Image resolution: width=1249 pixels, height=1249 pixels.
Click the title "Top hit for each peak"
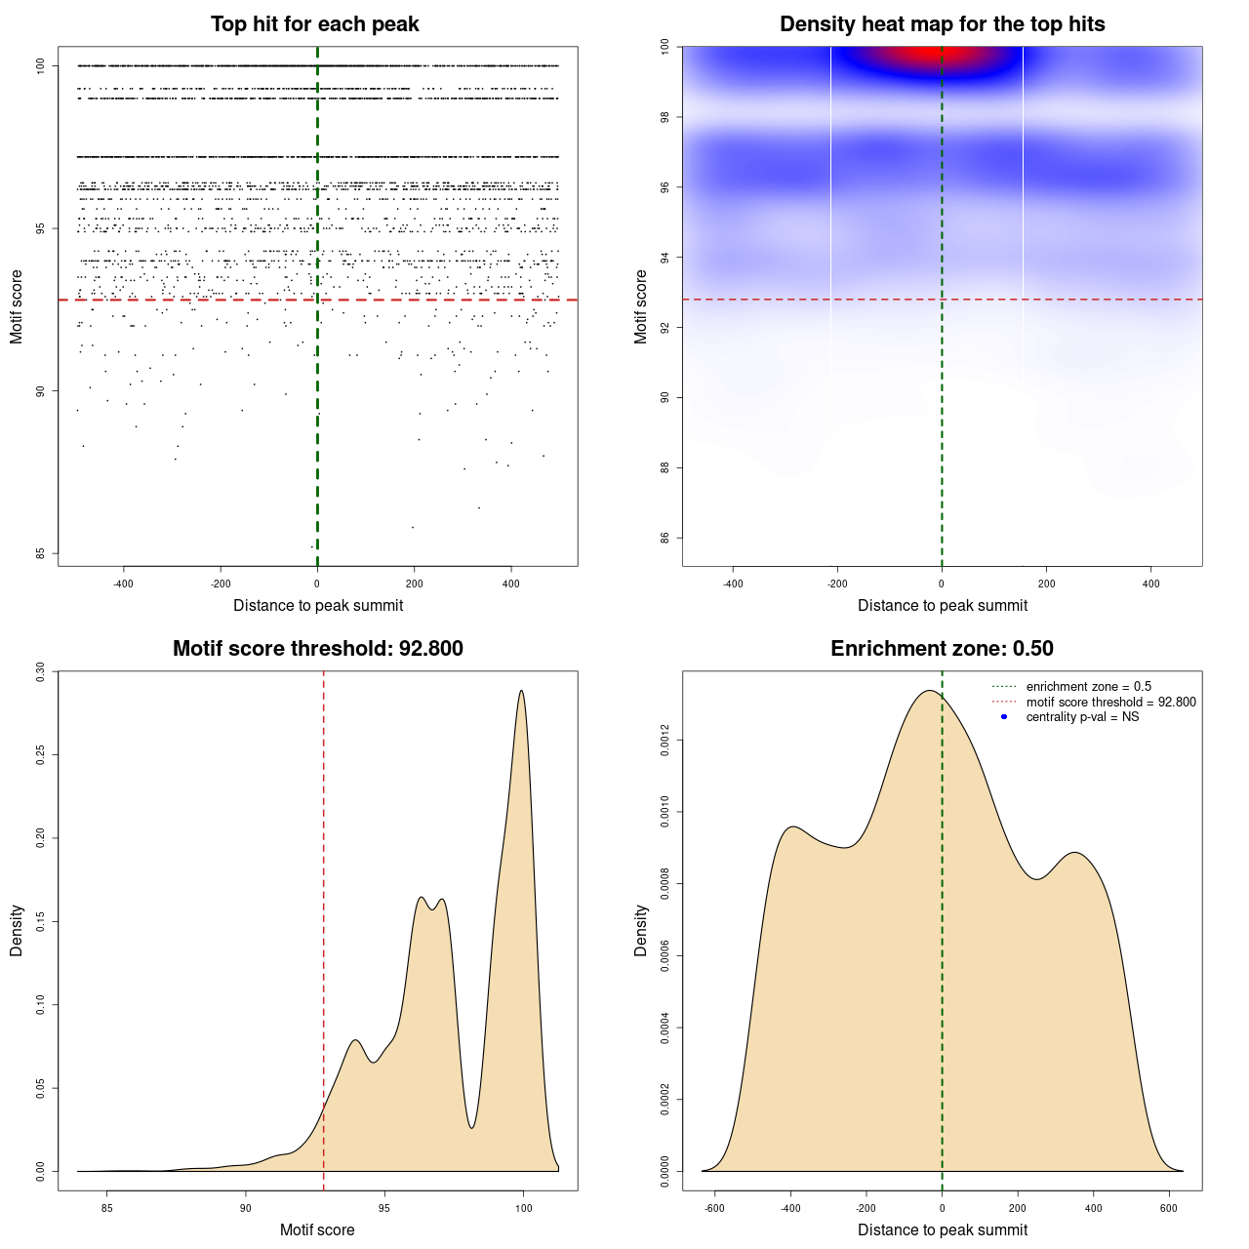click(x=315, y=24)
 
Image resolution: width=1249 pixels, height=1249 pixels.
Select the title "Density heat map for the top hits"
click(x=942, y=24)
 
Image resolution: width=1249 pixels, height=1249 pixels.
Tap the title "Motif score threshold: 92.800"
click(x=317, y=649)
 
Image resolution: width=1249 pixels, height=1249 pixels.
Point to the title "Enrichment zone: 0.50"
click(x=942, y=649)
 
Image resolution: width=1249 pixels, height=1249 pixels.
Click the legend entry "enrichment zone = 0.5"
click(x=1088, y=687)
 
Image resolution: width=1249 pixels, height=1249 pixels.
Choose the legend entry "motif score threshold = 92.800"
click(x=1110, y=703)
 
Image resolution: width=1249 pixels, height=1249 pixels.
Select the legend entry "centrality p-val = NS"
click(x=1082, y=717)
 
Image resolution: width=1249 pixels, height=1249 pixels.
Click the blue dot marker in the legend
click(x=1004, y=717)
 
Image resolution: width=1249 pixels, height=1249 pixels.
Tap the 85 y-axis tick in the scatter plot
click(x=41, y=553)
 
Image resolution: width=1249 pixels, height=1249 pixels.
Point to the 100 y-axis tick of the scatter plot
click(x=41, y=65)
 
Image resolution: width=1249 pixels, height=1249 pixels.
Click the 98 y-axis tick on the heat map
click(x=665, y=117)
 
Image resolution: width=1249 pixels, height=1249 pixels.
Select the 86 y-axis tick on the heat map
click(x=665, y=538)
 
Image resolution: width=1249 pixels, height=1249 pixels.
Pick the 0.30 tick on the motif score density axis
click(x=40, y=671)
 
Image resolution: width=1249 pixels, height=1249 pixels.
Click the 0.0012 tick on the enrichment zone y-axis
click(x=665, y=741)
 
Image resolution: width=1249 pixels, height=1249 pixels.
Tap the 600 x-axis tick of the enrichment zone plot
click(x=1169, y=1208)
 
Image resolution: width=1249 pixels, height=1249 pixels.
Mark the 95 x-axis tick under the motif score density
click(x=384, y=1208)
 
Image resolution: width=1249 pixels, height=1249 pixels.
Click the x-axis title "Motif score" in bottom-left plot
click(x=317, y=1229)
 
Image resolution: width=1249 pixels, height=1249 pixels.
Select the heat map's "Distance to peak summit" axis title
click(x=942, y=605)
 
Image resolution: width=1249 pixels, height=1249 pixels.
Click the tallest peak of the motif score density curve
click(x=522, y=692)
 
